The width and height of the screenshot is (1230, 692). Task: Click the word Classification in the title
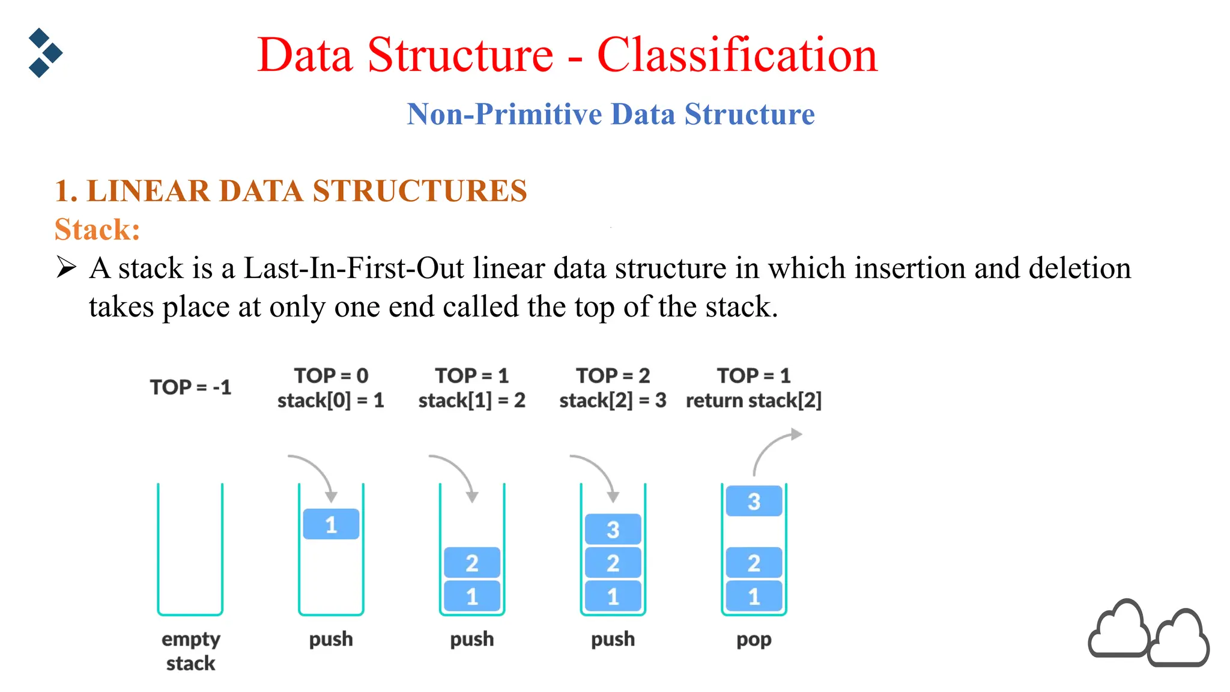[737, 55]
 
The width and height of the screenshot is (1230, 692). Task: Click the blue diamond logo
[44, 53]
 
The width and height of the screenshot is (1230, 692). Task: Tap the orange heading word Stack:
[97, 229]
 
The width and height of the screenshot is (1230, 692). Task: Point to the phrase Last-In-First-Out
[353, 268]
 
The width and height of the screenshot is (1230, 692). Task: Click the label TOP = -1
[190, 387]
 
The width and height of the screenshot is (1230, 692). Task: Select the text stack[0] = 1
[330, 400]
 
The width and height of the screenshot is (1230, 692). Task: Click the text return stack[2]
[753, 400]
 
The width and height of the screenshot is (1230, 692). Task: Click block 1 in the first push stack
[331, 524]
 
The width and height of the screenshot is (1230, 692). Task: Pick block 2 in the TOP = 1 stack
[472, 563]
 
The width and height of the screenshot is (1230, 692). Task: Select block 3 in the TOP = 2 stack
[613, 529]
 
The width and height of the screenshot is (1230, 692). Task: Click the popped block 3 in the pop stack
[754, 501]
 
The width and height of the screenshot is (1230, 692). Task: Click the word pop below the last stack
[754, 639]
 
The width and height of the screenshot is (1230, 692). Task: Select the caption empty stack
[190, 651]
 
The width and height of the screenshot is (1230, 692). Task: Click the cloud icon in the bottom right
[1147, 634]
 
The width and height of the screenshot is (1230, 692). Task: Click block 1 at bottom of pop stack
[754, 596]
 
